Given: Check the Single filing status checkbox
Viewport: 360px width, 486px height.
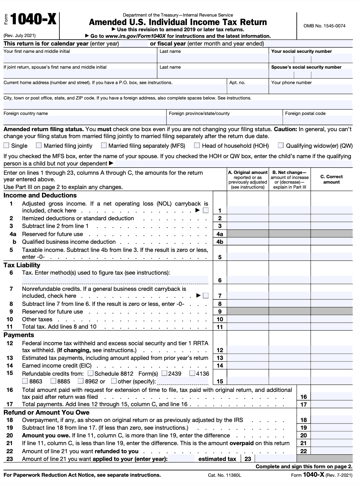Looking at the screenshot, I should tap(6, 145).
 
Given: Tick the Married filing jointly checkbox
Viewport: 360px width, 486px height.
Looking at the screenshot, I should tap(39, 145).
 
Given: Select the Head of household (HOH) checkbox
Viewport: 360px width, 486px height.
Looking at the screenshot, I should tap(197, 145).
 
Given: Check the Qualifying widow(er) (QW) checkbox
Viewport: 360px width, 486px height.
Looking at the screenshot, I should tap(281, 145).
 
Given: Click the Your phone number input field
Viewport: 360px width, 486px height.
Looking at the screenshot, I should tap(310, 89).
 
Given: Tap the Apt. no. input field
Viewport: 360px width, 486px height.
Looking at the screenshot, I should tap(247, 89).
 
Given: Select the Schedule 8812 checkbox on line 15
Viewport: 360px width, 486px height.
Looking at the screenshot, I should tap(91, 373).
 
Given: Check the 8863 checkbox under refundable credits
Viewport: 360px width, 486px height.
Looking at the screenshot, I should tap(25, 381).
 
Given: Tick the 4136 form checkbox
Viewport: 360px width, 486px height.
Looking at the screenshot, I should tap(192, 373).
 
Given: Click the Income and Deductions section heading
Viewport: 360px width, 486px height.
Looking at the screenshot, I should tap(40, 195).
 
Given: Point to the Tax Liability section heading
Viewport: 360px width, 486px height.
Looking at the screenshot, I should tap(22, 265).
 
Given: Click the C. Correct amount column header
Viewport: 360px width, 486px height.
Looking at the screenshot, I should tap(331, 179).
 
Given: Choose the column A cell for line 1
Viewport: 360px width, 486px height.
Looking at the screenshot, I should tap(247, 210).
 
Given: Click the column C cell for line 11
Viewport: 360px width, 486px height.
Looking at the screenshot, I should tap(331, 327).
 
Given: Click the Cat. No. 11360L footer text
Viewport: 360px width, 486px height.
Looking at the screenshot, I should tap(224, 475).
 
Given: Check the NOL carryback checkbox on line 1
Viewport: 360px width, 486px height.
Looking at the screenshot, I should tap(206, 210).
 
